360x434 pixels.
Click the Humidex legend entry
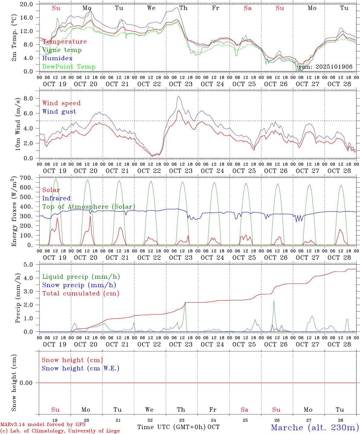pyautogui.click(x=57, y=58)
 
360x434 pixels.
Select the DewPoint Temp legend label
pyautogui.click(x=69, y=67)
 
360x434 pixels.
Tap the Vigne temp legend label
pyautogui.click(x=62, y=50)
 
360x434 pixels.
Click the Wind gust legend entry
pyautogui.click(x=59, y=112)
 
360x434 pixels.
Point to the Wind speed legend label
pyautogui.click(x=61, y=103)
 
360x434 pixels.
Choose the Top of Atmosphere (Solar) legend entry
pyautogui.click(x=88, y=207)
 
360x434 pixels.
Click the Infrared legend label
pyautogui.click(x=56, y=198)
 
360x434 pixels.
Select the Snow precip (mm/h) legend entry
pyautogui.click(x=79, y=285)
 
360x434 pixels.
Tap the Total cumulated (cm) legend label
pyautogui.click(x=81, y=293)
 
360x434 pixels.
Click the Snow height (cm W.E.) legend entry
pyautogui.click(x=80, y=368)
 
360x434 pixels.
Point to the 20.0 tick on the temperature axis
pyautogui.click(x=27, y=5)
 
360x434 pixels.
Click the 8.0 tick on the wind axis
pyautogui.click(x=28, y=99)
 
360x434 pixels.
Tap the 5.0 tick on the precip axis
pyautogui.click(x=28, y=265)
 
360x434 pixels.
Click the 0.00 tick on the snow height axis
pyautogui.click(x=26, y=383)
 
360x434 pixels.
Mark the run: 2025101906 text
pyautogui.click(x=325, y=67)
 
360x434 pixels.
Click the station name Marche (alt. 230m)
pyautogui.click(x=315, y=427)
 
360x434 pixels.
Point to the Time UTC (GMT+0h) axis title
pyautogui.click(x=172, y=427)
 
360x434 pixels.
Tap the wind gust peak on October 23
pyautogui.click(x=178, y=96)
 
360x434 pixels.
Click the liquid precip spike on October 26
pyautogui.click(x=274, y=301)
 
